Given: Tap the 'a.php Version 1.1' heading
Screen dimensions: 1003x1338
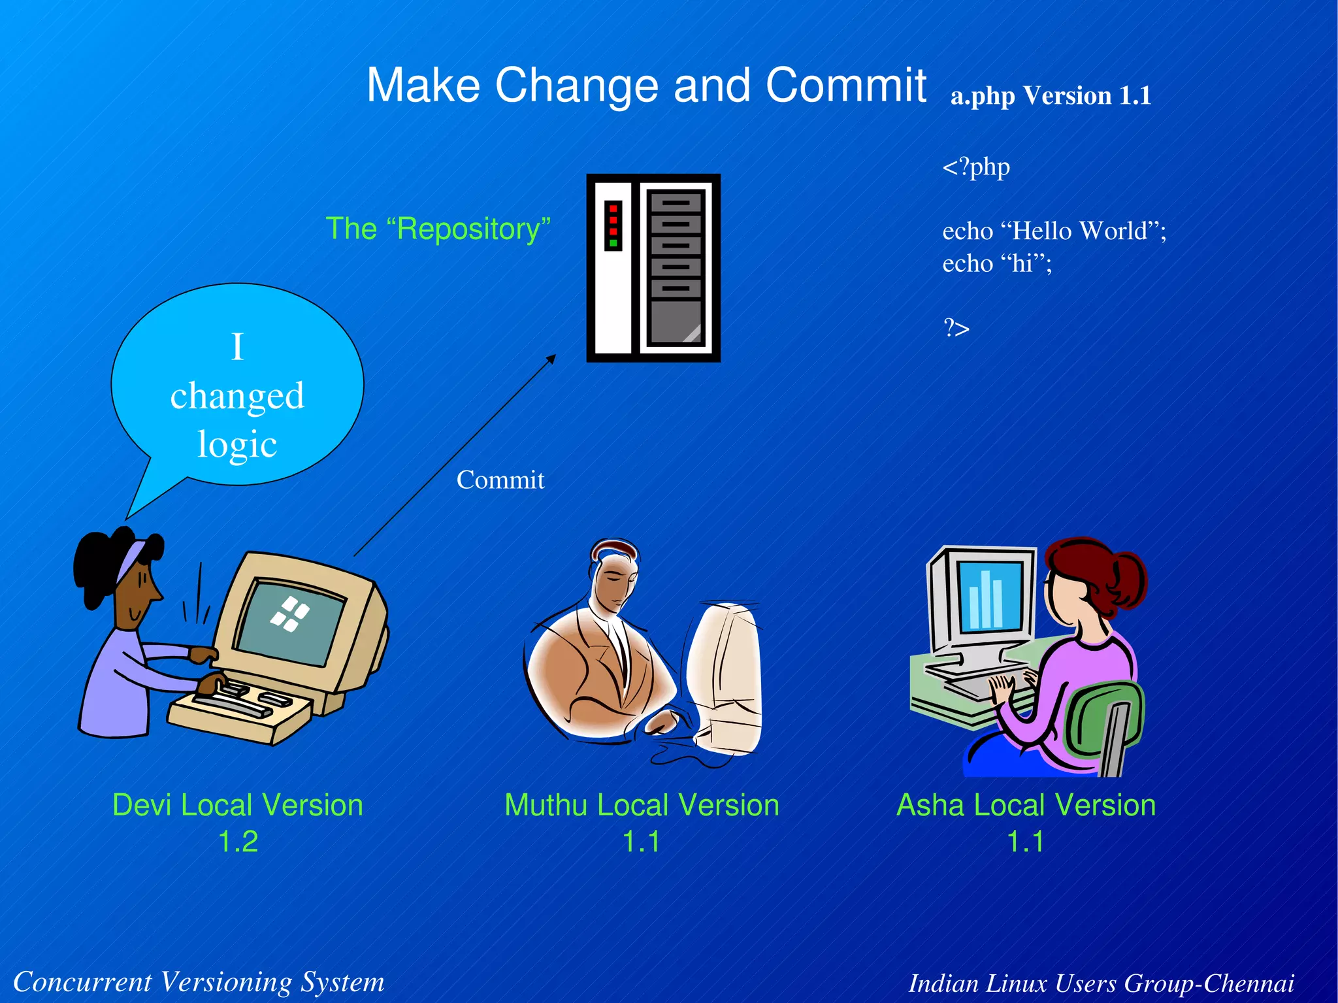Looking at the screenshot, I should pos(1050,96).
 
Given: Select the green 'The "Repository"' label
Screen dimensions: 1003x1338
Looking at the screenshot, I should pos(438,229).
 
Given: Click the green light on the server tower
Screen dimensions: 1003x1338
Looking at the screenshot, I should pos(613,243).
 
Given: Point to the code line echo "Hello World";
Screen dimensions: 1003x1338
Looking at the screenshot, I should pos(1054,231).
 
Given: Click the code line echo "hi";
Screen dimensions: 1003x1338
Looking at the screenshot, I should pos(997,264).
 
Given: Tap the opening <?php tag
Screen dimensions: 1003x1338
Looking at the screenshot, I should pos(976,167).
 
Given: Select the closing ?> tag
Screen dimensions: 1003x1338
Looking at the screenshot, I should pos(956,327).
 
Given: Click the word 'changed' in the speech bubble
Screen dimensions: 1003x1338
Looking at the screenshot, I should pos(237,396).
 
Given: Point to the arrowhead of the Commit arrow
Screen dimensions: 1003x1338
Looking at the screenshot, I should pos(552,357).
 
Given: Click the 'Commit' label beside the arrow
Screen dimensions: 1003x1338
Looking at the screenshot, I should pos(500,480).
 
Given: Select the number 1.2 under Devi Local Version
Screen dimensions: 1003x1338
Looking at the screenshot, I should pos(238,842).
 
